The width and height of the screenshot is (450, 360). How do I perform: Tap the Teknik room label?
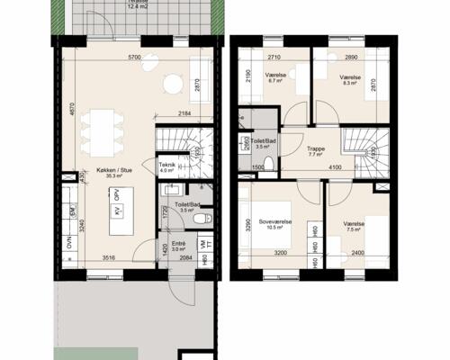pyautogui.click(x=167, y=165)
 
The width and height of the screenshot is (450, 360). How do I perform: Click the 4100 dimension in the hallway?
pyautogui.click(x=335, y=168)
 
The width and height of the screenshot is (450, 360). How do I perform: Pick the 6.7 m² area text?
pyautogui.click(x=276, y=80)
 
